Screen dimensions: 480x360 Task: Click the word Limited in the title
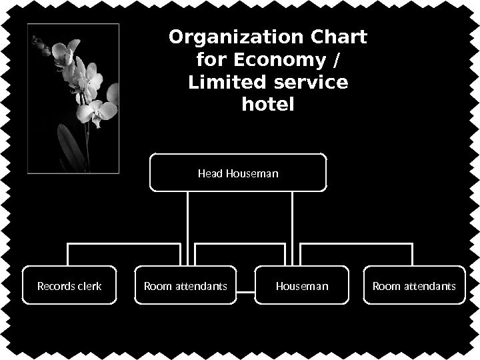click(x=224, y=83)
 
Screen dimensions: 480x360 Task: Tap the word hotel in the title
click(x=267, y=105)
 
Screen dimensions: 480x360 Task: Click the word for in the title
click(x=213, y=60)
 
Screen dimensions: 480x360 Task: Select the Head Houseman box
click(x=238, y=173)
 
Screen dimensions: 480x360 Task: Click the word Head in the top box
click(x=211, y=174)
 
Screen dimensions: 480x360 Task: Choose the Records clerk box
click(x=69, y=285)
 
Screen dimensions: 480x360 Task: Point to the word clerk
click(x=89, y=286)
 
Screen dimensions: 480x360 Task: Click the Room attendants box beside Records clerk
click(x=185, y=285)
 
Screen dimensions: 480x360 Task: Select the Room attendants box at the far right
click(x=413, y=285)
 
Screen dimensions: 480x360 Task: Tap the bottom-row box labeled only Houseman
click(x=302, y=285)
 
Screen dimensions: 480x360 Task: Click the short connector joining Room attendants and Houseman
click(x=246, y=292)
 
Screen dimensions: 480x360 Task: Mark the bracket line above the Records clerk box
click(x=123, y=244)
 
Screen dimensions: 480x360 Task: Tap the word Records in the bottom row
click(x=55, y=286)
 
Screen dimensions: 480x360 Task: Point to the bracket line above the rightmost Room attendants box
click(x=357, y=244)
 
